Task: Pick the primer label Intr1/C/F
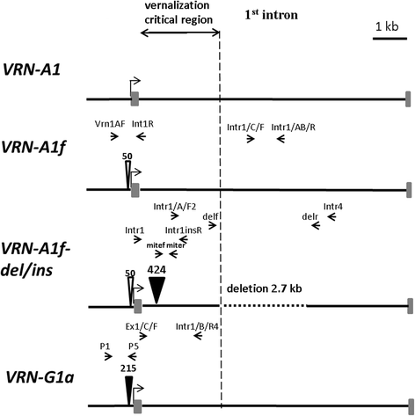pyautogui.click(x=244, y=128)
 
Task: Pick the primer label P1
pyautogui.click(x=105, y=347)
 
